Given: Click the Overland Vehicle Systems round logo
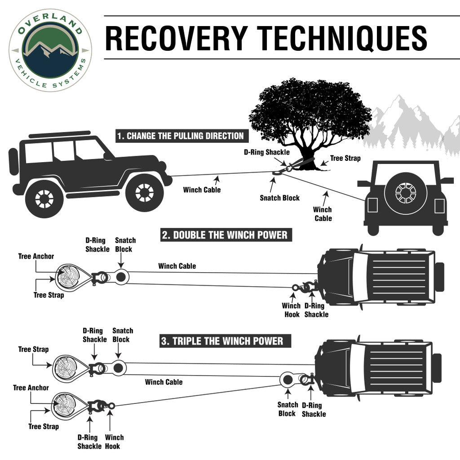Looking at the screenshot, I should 50,50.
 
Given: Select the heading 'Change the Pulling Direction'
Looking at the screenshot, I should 180,136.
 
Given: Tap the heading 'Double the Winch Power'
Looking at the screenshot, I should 224,235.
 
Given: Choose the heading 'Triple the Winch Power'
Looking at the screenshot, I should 222,341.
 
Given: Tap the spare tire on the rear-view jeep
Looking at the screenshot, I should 405,193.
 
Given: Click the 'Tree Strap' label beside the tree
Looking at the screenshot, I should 345,158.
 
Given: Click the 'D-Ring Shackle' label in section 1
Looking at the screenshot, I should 267,152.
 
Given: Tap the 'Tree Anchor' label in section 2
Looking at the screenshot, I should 36,257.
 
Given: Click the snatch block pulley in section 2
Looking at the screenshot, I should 120,277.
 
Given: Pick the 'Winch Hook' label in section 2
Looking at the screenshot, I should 291,310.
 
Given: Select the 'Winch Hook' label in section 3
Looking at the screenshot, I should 114,442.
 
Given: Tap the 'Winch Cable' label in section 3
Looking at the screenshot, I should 164,382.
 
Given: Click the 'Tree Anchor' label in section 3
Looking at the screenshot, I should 31,388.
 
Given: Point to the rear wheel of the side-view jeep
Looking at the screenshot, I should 44,198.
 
